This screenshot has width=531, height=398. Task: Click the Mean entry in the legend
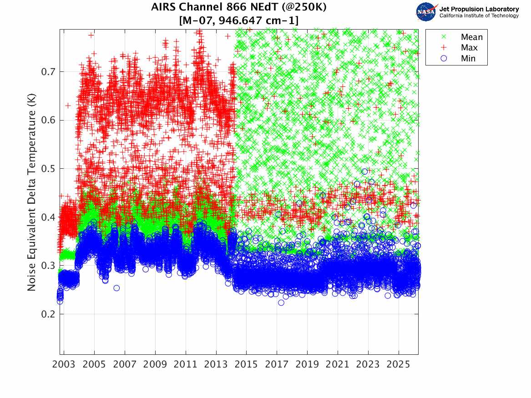(x=471, y=37)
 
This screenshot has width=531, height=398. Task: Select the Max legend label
(x=469, y=48)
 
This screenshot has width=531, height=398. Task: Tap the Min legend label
(x=468, y=58)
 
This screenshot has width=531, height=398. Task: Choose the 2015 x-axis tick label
(x=246, y=365)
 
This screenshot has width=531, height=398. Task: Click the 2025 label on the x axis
(x=399, y=365)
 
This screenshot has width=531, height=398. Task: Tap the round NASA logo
(x=426, y=12)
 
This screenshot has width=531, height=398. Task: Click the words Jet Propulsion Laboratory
(x=479, y=9)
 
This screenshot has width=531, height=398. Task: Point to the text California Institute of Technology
(x=479, y=16)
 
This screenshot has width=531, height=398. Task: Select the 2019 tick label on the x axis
(x=307, y=365)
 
